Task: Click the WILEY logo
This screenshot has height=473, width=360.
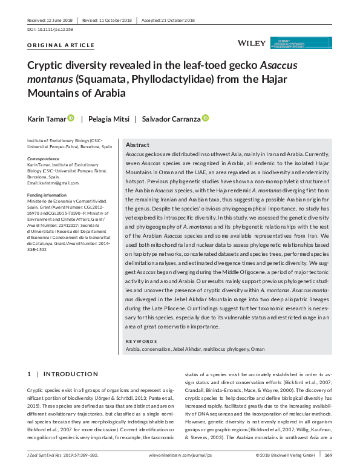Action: [250, 42]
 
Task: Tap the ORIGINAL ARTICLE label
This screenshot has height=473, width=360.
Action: [61, 45]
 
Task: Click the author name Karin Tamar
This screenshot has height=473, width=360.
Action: [47, 119]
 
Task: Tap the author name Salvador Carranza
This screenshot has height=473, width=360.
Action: [171, 119]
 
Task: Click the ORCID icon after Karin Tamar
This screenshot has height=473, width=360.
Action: [71, 118]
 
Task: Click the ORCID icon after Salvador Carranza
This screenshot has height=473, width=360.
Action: [205, 118]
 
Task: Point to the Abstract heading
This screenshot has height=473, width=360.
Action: [137, 146]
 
